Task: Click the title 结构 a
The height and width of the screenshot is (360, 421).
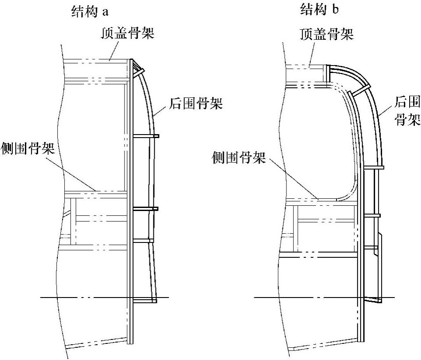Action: (89, 11)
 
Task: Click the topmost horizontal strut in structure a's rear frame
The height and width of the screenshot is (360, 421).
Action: (146, 136)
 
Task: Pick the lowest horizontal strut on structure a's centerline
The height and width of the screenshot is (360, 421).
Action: (144, 301)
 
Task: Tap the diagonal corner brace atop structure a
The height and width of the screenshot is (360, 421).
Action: (138, 68)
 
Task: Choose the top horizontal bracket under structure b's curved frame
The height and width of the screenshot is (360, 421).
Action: (373, 167)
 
